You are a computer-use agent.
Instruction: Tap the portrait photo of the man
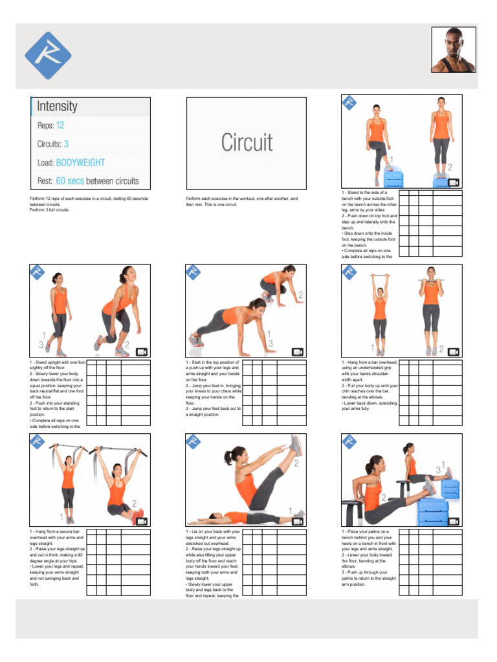(453, 50)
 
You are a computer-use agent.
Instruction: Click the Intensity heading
(57, 107)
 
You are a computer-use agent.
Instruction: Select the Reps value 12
(60, 125)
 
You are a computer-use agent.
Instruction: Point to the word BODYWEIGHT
(80, 163)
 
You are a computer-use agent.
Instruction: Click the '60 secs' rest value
(71, 181)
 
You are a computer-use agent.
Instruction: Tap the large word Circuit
(247, 143)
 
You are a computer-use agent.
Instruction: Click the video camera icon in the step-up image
(454, 183)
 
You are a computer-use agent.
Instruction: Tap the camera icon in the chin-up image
(454, 352)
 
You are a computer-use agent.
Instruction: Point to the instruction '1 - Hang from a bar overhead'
(370, 363)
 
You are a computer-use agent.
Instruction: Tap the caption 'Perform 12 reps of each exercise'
(89, 198)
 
